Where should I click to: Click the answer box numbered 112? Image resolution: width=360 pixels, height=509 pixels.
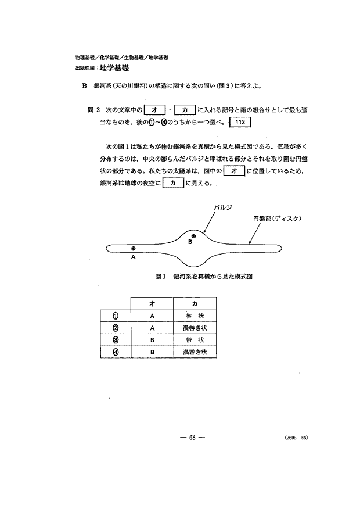(x=240, y=123)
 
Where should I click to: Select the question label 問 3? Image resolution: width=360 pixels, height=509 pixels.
(x=94, y=109)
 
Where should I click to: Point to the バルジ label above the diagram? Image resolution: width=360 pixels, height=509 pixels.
(x=223, y=207)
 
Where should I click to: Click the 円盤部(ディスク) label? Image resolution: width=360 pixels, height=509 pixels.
(x=276, y=218)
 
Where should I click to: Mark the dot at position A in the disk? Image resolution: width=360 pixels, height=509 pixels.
(x=133, y=248)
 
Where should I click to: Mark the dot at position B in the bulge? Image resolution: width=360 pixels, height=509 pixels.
(x=195, y=236)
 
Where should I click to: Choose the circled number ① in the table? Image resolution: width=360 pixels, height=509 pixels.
(x=116, y=316)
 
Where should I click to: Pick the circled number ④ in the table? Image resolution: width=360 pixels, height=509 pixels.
(x=116, y=352)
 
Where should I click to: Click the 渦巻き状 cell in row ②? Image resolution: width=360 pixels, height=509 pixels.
(x=195, y=328)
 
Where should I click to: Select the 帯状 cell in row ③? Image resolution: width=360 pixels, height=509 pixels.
(x=195, y=340)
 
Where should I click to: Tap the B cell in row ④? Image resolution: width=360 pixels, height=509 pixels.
(x=152, y=352)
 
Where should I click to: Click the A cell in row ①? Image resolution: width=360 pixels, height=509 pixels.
(x=152, y=316)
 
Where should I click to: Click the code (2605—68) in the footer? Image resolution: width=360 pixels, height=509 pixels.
(x=296, y=438)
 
